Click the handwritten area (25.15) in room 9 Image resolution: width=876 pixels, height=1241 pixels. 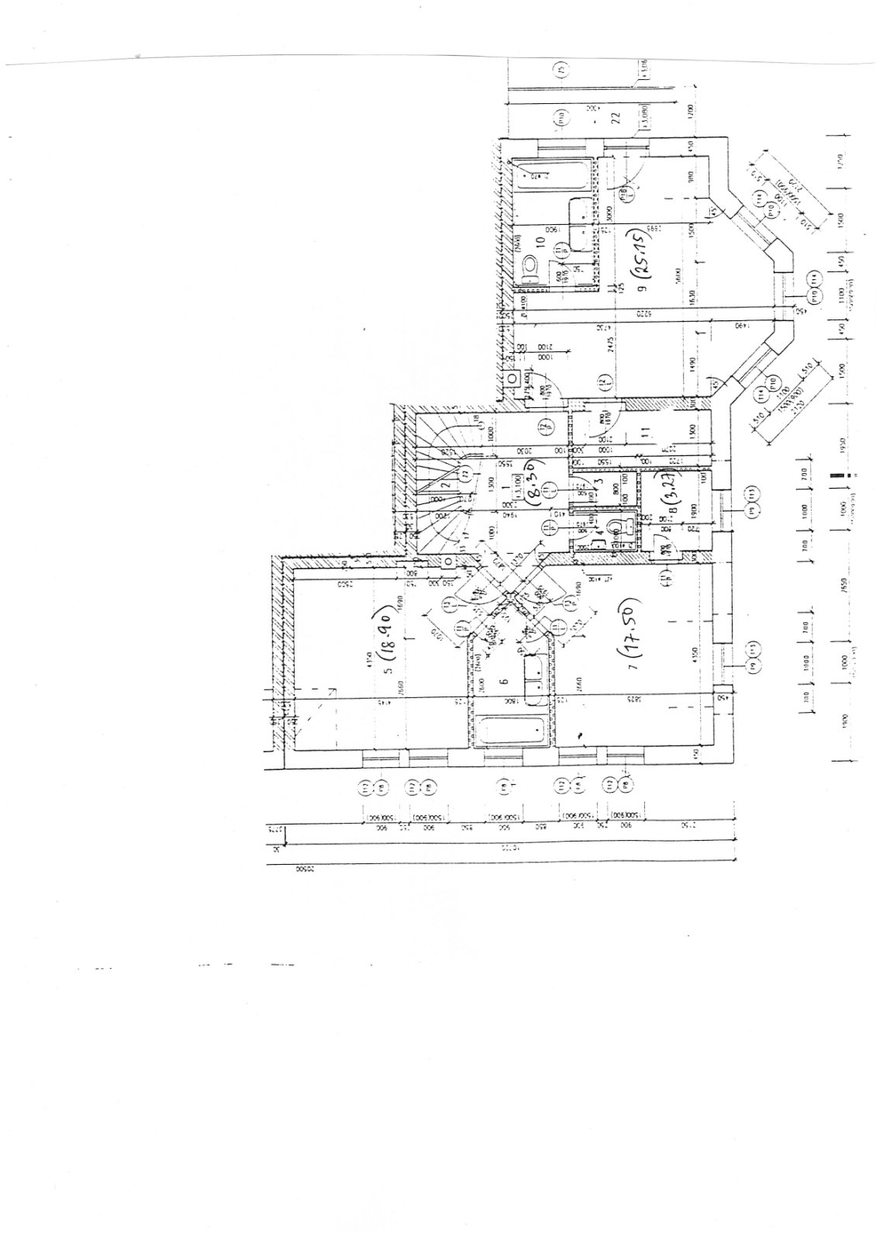tap(643, 255)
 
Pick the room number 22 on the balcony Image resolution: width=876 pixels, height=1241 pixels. tap(616, 118)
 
